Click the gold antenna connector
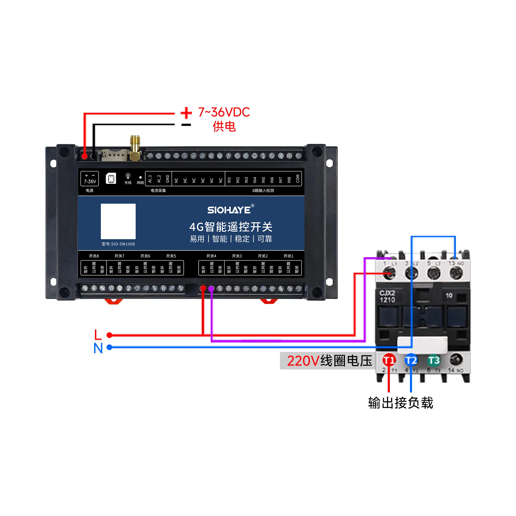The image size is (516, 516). [x=135, y=148]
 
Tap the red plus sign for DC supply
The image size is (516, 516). [x=186, y=113]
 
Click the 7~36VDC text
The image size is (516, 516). [x=224, y=112]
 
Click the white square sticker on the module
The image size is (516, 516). [x=118, y=221]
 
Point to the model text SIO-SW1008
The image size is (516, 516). [x=118, y=244]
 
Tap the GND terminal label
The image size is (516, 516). [x=168, y=179]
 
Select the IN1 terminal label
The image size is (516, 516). [x=229, y=180]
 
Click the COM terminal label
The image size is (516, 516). [x=298, y=179]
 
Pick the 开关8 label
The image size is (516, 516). [x=94, y=256]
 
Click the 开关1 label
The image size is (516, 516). [x=288, y=256]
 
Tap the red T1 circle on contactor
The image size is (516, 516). [x=389, y=360]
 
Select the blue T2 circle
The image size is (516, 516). [x=411, y=360]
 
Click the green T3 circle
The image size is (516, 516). [x=434, y=360]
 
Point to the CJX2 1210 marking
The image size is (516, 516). [x=387, y=296]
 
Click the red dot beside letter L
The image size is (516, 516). [x=109, y=335]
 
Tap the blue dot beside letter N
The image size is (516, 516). [x=109, y=347]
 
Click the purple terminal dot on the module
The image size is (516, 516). [x=211, y=288]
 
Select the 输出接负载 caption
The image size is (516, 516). [x=400, y=403]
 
